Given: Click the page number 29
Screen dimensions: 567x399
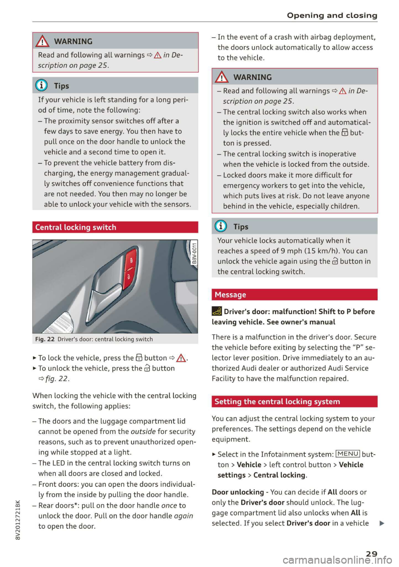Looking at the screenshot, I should [x=372, y=553].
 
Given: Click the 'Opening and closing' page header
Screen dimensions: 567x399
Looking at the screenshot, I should [x=332, y=15].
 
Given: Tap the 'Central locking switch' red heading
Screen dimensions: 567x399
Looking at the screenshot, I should [x=76, y=227].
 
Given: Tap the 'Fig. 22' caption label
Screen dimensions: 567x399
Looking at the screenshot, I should [x=45, y=339].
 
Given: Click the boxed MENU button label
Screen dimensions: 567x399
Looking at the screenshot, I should [x=348, y=454].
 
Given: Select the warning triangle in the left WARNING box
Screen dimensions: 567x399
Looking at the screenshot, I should [x=42, y=41].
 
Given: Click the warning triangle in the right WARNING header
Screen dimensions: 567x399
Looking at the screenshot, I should [x=222, y=77].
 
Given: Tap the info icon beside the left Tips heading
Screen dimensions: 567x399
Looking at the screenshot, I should [x=42, y=86].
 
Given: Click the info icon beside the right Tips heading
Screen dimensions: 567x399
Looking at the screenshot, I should [x=221, y=226].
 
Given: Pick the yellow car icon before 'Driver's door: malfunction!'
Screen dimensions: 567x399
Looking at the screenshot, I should [x=217, y=311].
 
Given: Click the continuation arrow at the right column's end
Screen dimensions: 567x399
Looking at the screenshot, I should [x=382, y=523].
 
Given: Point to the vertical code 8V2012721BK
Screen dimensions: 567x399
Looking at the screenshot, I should [x=17, y=520].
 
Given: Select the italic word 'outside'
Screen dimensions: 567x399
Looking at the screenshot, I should [x=143, y=431].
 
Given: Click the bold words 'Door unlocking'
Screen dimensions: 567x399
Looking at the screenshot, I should [x=238, y=492].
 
